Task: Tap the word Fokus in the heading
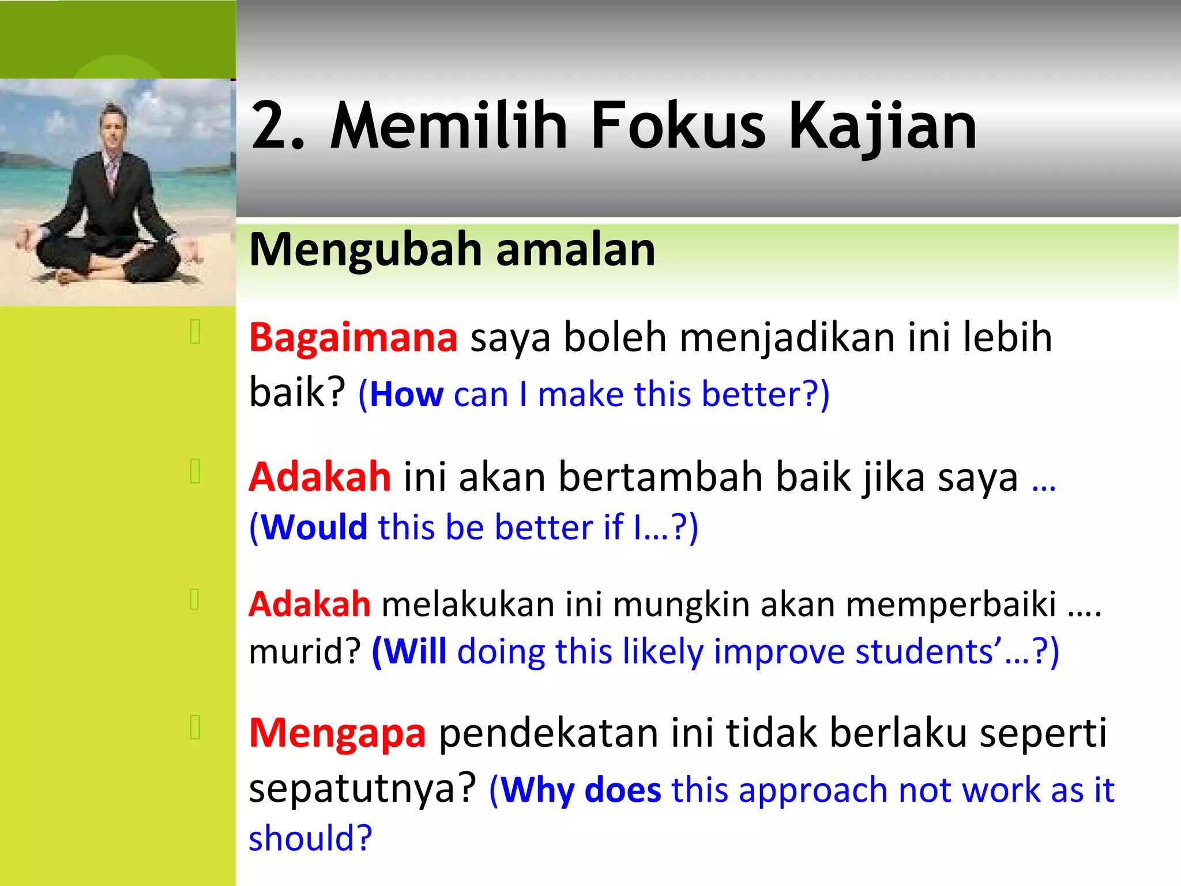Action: coord(678,126)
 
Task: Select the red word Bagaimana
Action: coord(353,337)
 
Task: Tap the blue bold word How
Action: coord(407,395)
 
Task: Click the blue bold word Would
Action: coord(314,527)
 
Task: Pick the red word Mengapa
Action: coord(337,733)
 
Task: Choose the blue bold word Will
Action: coord(415,652)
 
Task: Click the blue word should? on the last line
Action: coord(310,838)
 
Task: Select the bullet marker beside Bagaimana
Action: coord(195,332)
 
